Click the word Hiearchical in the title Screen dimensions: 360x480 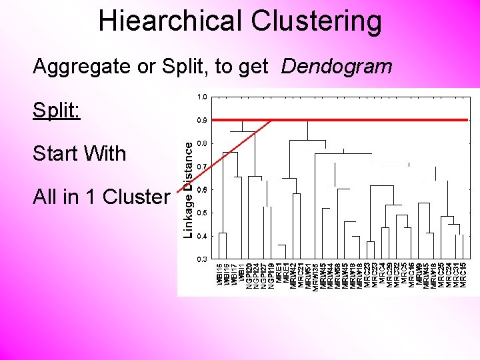171,21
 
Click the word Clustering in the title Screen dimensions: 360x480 317,21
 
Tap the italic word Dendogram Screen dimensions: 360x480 337,67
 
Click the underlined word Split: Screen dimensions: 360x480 57,110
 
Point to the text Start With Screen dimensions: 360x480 79,153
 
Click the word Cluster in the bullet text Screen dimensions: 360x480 139,197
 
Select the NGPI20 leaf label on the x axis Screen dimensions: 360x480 249,275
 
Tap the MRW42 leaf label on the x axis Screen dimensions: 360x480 293,275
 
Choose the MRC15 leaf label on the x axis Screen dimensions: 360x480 463,275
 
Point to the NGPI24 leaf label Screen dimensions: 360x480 256,275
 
